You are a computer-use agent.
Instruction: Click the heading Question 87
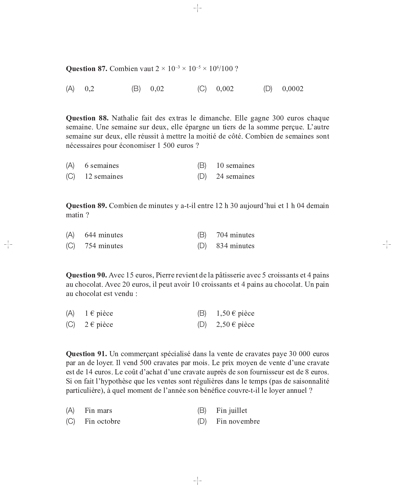pos(86,69)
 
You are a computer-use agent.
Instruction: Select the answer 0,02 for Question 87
pos(157,89)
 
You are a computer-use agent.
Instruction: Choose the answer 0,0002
pos(292,89)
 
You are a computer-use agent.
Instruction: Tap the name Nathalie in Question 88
pos(125,118)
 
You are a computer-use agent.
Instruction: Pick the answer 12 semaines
pos(104,176)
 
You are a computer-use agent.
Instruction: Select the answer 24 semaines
pos(235,176)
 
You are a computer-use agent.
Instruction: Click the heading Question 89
pos(86,206)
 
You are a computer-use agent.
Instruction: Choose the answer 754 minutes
pos(104,246)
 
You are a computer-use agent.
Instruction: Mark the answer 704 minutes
pos(235,235)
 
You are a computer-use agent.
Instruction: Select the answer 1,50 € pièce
pos(235,313)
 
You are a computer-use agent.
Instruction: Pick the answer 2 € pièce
pos(99,325)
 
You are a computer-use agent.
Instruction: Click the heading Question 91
pos(86,354)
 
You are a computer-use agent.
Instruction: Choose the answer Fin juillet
pos(232,411)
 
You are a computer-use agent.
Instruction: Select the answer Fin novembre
pos(238,421)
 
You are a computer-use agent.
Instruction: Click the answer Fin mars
pos(98,411)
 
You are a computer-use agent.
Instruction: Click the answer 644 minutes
pos(104,235)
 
